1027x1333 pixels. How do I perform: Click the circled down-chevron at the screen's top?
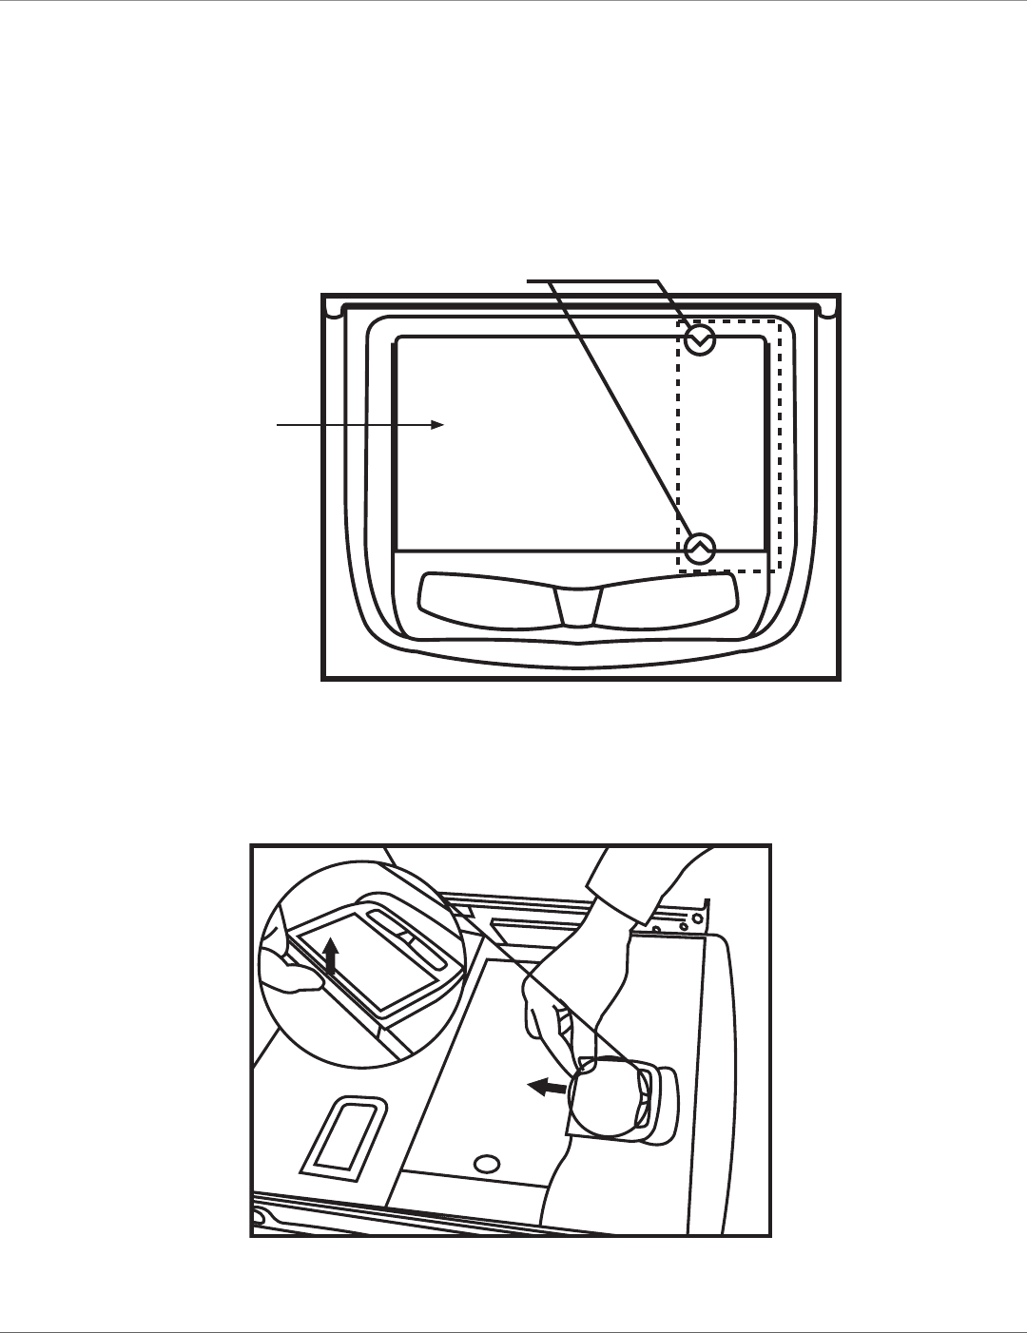[x=699, y=339]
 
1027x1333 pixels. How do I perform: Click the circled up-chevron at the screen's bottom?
[x=699, y=548]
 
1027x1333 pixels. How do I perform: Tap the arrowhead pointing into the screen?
[x=439, y=425]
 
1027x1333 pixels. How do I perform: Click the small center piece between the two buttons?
[x=578, y=606]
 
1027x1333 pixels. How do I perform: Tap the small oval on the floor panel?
[x=487, y=1163]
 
